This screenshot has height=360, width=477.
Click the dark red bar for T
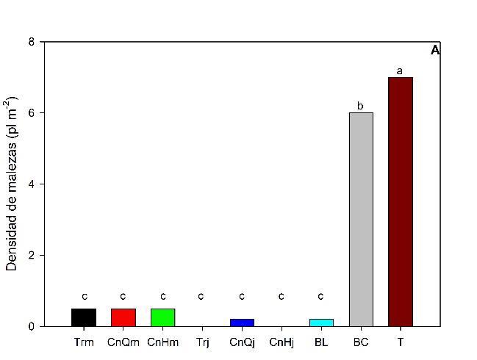click(400, 201)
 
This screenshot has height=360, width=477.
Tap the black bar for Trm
click(84, 317)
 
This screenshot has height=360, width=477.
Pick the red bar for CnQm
click(123, 317)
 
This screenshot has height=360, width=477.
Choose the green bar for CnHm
click(162, 317)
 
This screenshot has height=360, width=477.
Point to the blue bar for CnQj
click(242, 323)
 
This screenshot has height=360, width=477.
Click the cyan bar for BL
click(320, 323)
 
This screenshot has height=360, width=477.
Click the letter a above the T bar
click(400, 71)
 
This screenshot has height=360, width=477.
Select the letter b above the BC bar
click(360, 106)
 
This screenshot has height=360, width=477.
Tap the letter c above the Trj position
click(201, 296)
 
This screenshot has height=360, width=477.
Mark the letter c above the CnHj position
click(281, 296)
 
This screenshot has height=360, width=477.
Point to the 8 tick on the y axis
click(31, 42)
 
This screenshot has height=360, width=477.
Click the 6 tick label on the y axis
click(31, 113)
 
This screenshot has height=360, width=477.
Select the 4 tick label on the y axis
click(31, 184)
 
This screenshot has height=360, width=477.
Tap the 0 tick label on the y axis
click(31, 326)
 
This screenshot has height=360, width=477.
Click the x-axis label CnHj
click(281, 342)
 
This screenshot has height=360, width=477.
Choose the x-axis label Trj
click(202, 342)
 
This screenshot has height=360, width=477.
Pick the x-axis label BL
click(320, 342)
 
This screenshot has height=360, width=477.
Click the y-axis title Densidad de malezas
click(12, 184)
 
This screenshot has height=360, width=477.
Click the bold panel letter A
click(434, 51)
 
